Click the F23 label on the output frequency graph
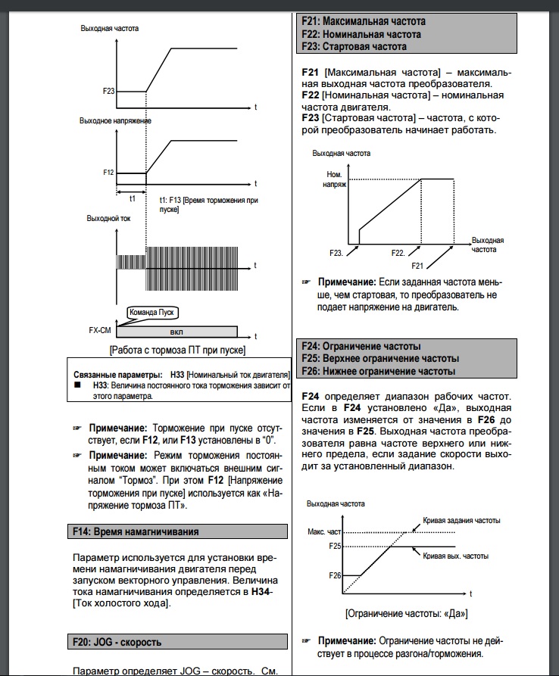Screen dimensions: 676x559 click(x=108, y=91)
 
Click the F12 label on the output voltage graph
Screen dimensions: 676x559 click(x=108, y=173)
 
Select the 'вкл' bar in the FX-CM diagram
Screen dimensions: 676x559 click(x=176, y=332)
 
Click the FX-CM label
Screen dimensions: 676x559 click(x=99, y=331)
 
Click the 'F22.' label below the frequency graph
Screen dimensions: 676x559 click(x=398, y=251)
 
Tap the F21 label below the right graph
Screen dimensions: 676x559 click(x=417, y=266)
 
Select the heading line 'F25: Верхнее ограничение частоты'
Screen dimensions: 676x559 click(x=380, y=358)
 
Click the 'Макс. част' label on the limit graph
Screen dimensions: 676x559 click(x=324, y=532)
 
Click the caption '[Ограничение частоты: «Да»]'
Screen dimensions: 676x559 click(x=404, y=613)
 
